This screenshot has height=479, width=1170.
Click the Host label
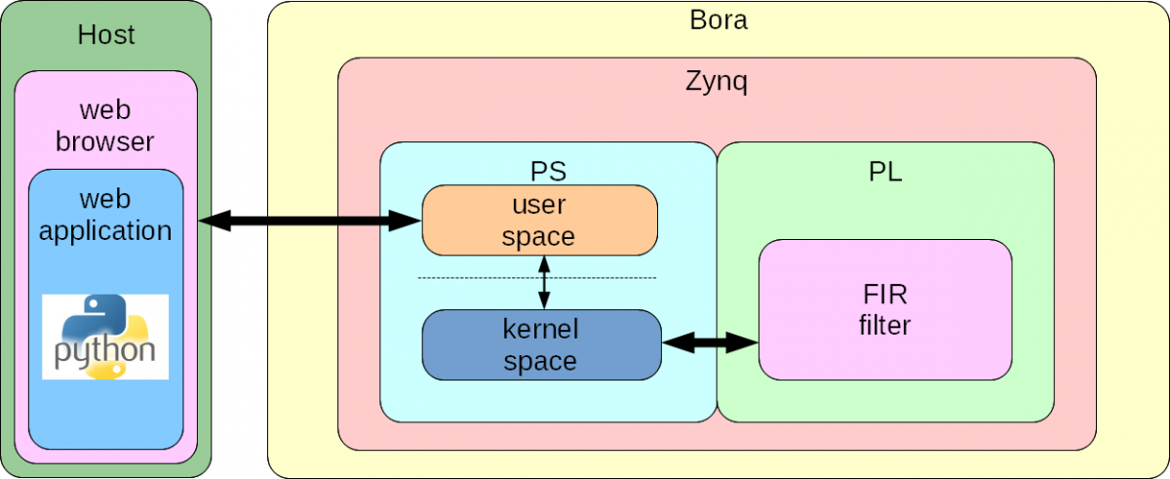tap(106, 36)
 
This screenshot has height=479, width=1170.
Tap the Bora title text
tap(718, 19)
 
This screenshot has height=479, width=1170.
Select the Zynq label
tap(717, 82)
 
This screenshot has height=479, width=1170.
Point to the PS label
tap(548, 173)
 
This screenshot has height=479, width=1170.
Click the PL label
tap(884, 174)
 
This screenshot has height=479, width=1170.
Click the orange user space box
tap(539, 220)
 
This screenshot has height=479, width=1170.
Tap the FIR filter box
tap(884, 309)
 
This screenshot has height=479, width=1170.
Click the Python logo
tap(105, 336)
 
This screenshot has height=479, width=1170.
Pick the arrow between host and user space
tap(310, 222)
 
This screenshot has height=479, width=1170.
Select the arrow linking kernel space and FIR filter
tap(710, 342)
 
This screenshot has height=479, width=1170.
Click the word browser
tap(105, 141)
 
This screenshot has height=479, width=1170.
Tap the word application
tap(105, 231)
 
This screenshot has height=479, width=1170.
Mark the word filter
tap(884, 325)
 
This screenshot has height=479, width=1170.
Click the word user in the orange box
tap(539, 206)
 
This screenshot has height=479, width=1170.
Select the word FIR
tap(884, 295)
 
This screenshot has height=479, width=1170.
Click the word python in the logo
tap(105, 352)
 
